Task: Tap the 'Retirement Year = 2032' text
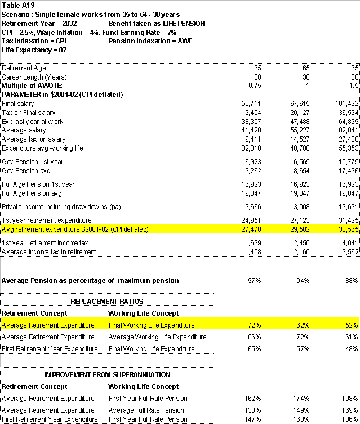tap(39, 24)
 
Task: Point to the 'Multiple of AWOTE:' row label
tap(32, 85)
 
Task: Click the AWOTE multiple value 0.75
tap(255, 85)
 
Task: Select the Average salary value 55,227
tap(299, 130)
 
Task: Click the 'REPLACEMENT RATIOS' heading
tap(107, 302)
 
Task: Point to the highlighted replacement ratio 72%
tap(255, 325)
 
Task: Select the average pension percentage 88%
tap(352, 280)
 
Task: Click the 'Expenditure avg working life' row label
tap(42, 148)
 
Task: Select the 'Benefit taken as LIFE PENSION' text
tap(156, 24)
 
